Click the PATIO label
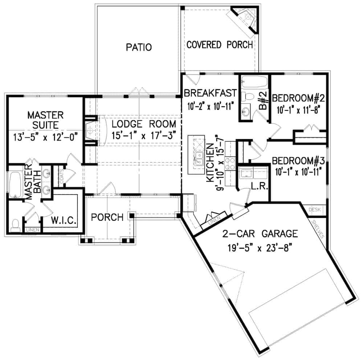coord(139,47)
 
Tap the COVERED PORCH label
coord(220,45)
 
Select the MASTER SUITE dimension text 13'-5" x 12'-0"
coord(45,138)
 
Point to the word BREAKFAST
coord(210,93)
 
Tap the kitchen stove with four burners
coord(230,163)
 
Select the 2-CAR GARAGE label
coord(261,233)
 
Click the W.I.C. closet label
coord(62,220)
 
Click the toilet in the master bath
coord(15,225)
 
